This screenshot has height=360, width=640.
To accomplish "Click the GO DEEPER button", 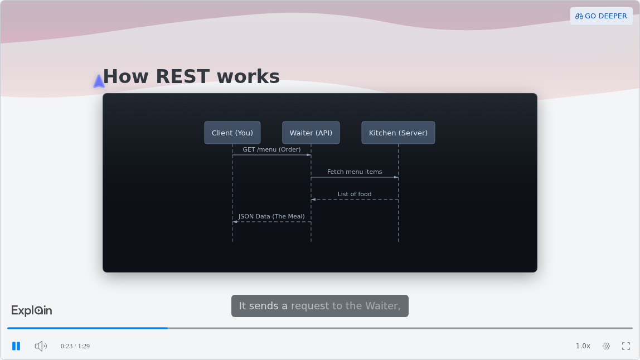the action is (x=601, y=16).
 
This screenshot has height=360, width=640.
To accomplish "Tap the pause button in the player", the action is (x=16, y=346).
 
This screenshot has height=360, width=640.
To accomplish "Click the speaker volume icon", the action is (x=41, y=346).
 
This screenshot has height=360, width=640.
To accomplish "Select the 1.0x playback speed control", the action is (x=583, y=346).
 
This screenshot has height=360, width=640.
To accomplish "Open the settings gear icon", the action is (x=606, y=346).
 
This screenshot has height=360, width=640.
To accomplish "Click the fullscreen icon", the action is (x=626, y=346).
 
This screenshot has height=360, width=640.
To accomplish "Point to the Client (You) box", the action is (x=232, y=133).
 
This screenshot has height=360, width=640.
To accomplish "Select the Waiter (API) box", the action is (x=311, y=133).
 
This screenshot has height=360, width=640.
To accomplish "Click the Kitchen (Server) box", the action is (x=399, y=133).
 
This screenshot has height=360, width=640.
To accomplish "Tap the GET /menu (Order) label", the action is (x=272, y=149).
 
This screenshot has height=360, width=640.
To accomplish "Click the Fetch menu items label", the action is (x=355, y=172).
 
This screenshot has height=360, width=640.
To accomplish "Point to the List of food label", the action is (x=355, y=194).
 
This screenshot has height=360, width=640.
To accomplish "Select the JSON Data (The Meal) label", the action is (x=271, y=216).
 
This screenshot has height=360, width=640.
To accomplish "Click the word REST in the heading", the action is (x=183, y=76).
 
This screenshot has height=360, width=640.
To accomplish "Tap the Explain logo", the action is (x=31, y=310).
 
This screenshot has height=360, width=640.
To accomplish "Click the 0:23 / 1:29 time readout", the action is (x=75, y=346).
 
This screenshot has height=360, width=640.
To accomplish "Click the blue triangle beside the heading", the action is (x=99, y=81).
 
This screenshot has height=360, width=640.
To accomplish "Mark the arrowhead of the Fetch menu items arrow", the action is (x=396, y=178).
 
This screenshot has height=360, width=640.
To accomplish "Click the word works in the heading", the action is (x=248, y=76).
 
